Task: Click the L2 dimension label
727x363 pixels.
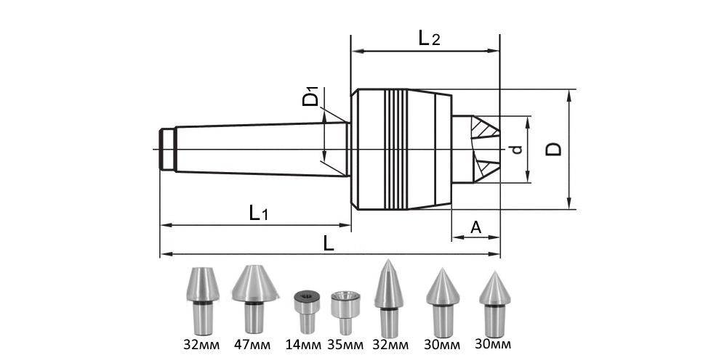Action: tap(430, 38)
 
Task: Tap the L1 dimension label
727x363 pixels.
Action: tap(259, 213)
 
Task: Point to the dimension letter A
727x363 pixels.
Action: tap(475, 227)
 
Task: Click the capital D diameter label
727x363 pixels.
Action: tap(553, 149)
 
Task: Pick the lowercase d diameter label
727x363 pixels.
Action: tap(516, 150)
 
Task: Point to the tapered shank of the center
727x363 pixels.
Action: tap(262, 149)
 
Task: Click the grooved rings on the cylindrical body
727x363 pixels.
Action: tap(396, 149)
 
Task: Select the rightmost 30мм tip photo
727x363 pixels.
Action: tap(494, 301)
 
